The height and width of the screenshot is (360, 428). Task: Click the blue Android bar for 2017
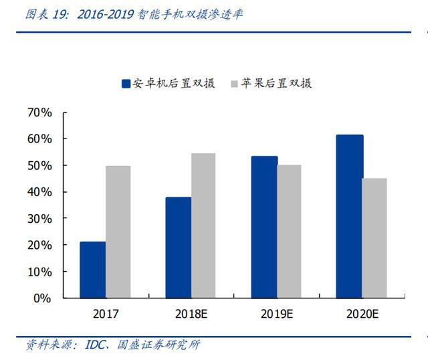pyautogui.click(x=93, y=270)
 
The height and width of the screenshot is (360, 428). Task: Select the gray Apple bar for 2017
pyautogui.click(x=118, y=232)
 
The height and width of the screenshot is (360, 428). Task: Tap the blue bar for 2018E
pyautogui.click(x=179, y=248)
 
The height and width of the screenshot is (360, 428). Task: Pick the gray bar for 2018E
pyautogui.click(x=203, y=226)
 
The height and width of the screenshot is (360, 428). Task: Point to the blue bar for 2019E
pyautogui.click(x=265, y=227)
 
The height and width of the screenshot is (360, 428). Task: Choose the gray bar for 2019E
pyautogui.click(x=290, y=232)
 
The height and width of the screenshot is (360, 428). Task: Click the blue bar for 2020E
pyautogui.click(x=350, y=216)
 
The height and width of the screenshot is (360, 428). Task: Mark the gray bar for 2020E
pyautogui.click(x=374, y=238)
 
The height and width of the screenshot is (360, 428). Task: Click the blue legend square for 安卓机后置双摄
pyautogui.click(x=126, y=84)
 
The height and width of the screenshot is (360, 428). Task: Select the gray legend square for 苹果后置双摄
pyautogui.click(x=234, y=84)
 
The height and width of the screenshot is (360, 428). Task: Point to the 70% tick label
pyautogui.click(x=39, y=112)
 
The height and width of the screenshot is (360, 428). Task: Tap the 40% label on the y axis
pyautogui.click(x=39, y=192)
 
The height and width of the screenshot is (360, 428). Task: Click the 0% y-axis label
pyautogui.click(x=42, y=298)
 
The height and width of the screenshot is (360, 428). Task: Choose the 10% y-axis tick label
pyautogui.click(x=39, y=272)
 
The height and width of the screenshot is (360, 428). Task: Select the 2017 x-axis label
pyautogui.click(x=106, y=314)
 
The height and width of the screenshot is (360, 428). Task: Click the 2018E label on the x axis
pyautogui.click(x=191, y=314)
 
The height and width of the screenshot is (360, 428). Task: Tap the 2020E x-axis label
pyautogui.click(x=362, y=314)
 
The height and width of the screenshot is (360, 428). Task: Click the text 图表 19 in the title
pyautogui.click(x=46, y=14)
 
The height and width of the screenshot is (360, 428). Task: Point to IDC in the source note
pyautogui.click(x=95, y=345)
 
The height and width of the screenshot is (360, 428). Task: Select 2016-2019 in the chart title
pyautogui.click(x=106, y=14)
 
